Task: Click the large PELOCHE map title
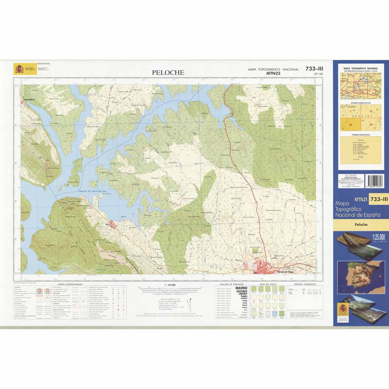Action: pos(168,73)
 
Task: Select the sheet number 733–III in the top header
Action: pos(314,68)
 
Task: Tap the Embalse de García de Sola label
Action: pos(92,192)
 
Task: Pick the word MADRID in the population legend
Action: pos(241,288)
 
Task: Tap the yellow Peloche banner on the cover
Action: pos(360,224)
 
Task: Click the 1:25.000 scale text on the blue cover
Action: pos(378,236)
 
